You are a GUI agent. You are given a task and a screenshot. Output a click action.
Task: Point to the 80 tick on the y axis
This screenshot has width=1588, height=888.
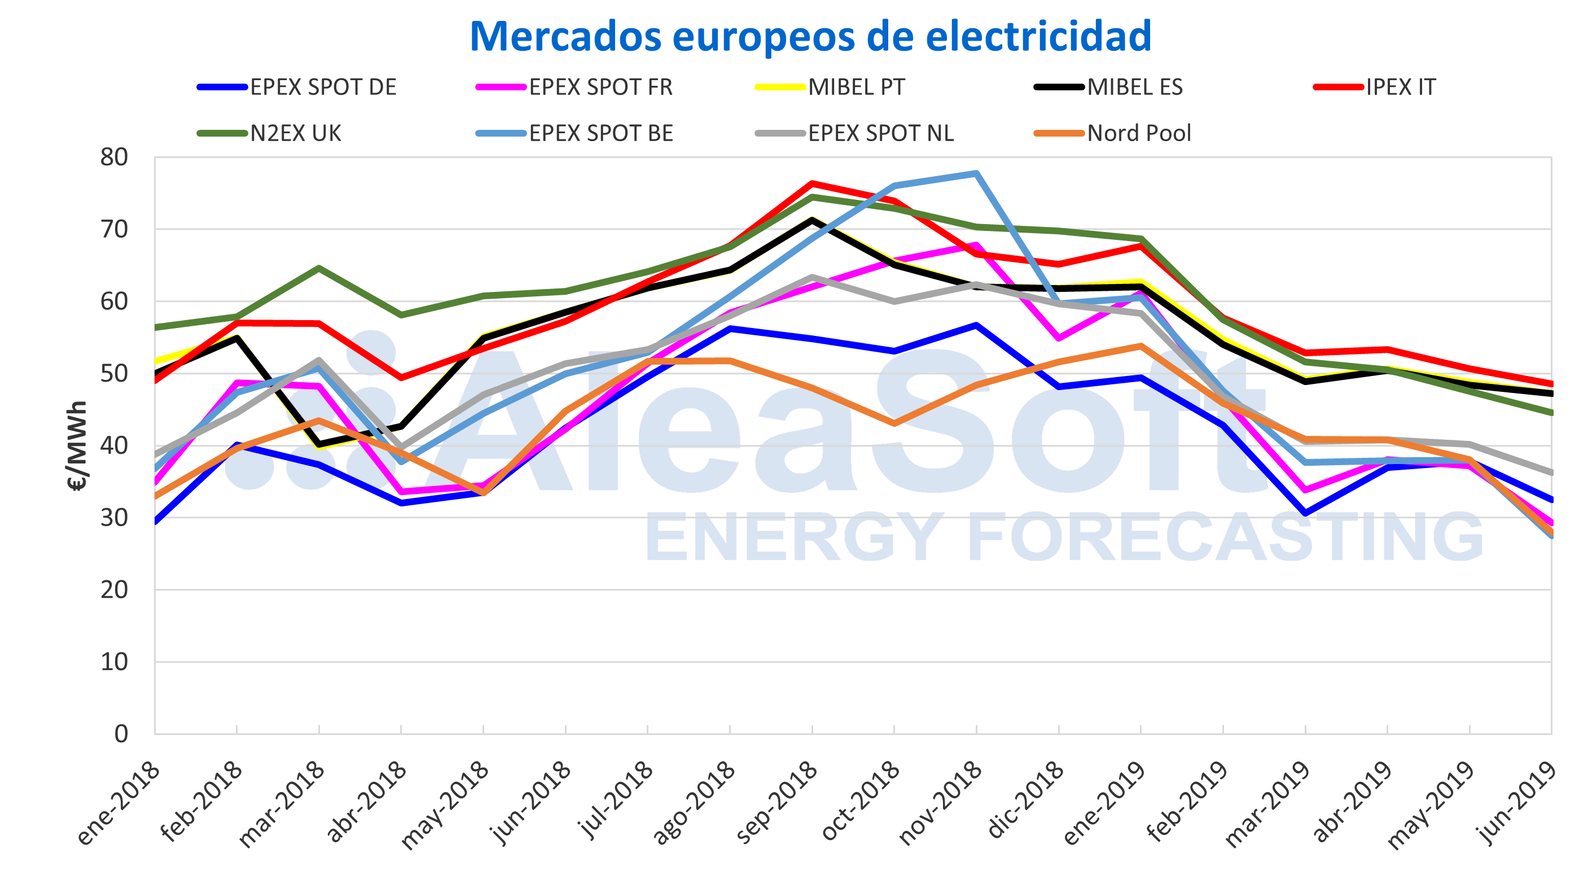pyautogui.click(x=115, y=158)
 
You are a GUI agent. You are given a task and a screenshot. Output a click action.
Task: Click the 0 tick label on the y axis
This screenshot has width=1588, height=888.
pyautogui.click(x=121, y=734)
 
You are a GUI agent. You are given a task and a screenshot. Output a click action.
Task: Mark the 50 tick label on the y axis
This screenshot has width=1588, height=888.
pyautogui.click(x=115, y=374)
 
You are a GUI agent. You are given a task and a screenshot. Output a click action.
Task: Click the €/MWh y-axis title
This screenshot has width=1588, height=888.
pyautogui.click(x=77, y=445)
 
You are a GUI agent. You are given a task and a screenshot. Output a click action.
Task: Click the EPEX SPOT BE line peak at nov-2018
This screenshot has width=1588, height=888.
pyautogui.click(x=976, y=173)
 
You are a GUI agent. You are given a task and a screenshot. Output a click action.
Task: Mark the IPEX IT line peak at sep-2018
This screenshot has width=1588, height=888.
pyautogui.click(x=813, y=183)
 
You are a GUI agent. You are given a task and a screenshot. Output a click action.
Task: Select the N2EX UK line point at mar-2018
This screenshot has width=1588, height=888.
pyautogui.click(x=319, y=268)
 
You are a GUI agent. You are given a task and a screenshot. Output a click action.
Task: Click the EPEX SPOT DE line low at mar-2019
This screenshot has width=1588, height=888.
pyautogui.click(x=1305, y=513)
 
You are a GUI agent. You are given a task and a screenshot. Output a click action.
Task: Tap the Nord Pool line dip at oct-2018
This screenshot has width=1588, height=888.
pyautogui.click(x=894, y=423)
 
